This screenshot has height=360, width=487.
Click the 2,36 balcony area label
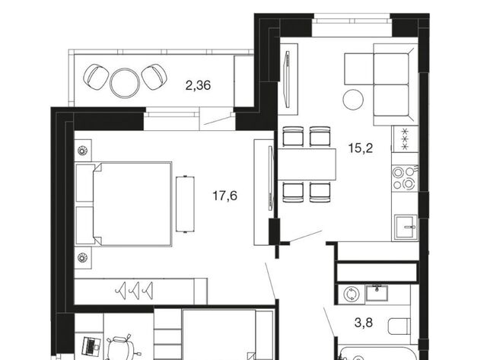coord(198,84)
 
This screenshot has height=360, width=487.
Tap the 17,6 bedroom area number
coord(225,196)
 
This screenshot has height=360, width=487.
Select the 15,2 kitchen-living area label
coord(360,148)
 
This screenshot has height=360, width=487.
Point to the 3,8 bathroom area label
coord(364,323)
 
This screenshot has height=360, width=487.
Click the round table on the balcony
coord(125,83)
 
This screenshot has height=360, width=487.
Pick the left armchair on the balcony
coord(96,77)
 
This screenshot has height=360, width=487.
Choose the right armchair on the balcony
coord(154,77)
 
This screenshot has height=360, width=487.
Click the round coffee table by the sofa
coord(353,100)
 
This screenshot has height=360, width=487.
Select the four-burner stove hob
coord(404,178)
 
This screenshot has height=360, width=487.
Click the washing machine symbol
coord(352,294)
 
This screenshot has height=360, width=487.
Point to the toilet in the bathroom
coord(399,327)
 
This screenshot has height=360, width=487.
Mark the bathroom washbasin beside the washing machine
coord(377,292)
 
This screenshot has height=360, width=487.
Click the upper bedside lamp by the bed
coord(82,151)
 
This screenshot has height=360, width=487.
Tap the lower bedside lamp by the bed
coord(82,257)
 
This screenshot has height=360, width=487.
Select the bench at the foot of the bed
coord(185,204)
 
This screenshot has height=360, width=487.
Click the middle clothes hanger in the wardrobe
coord(135,291)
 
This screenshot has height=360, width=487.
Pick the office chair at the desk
coord(122,348)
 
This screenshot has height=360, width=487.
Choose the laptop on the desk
coord(91,346)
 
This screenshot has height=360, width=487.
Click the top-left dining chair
coord(293,136)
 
